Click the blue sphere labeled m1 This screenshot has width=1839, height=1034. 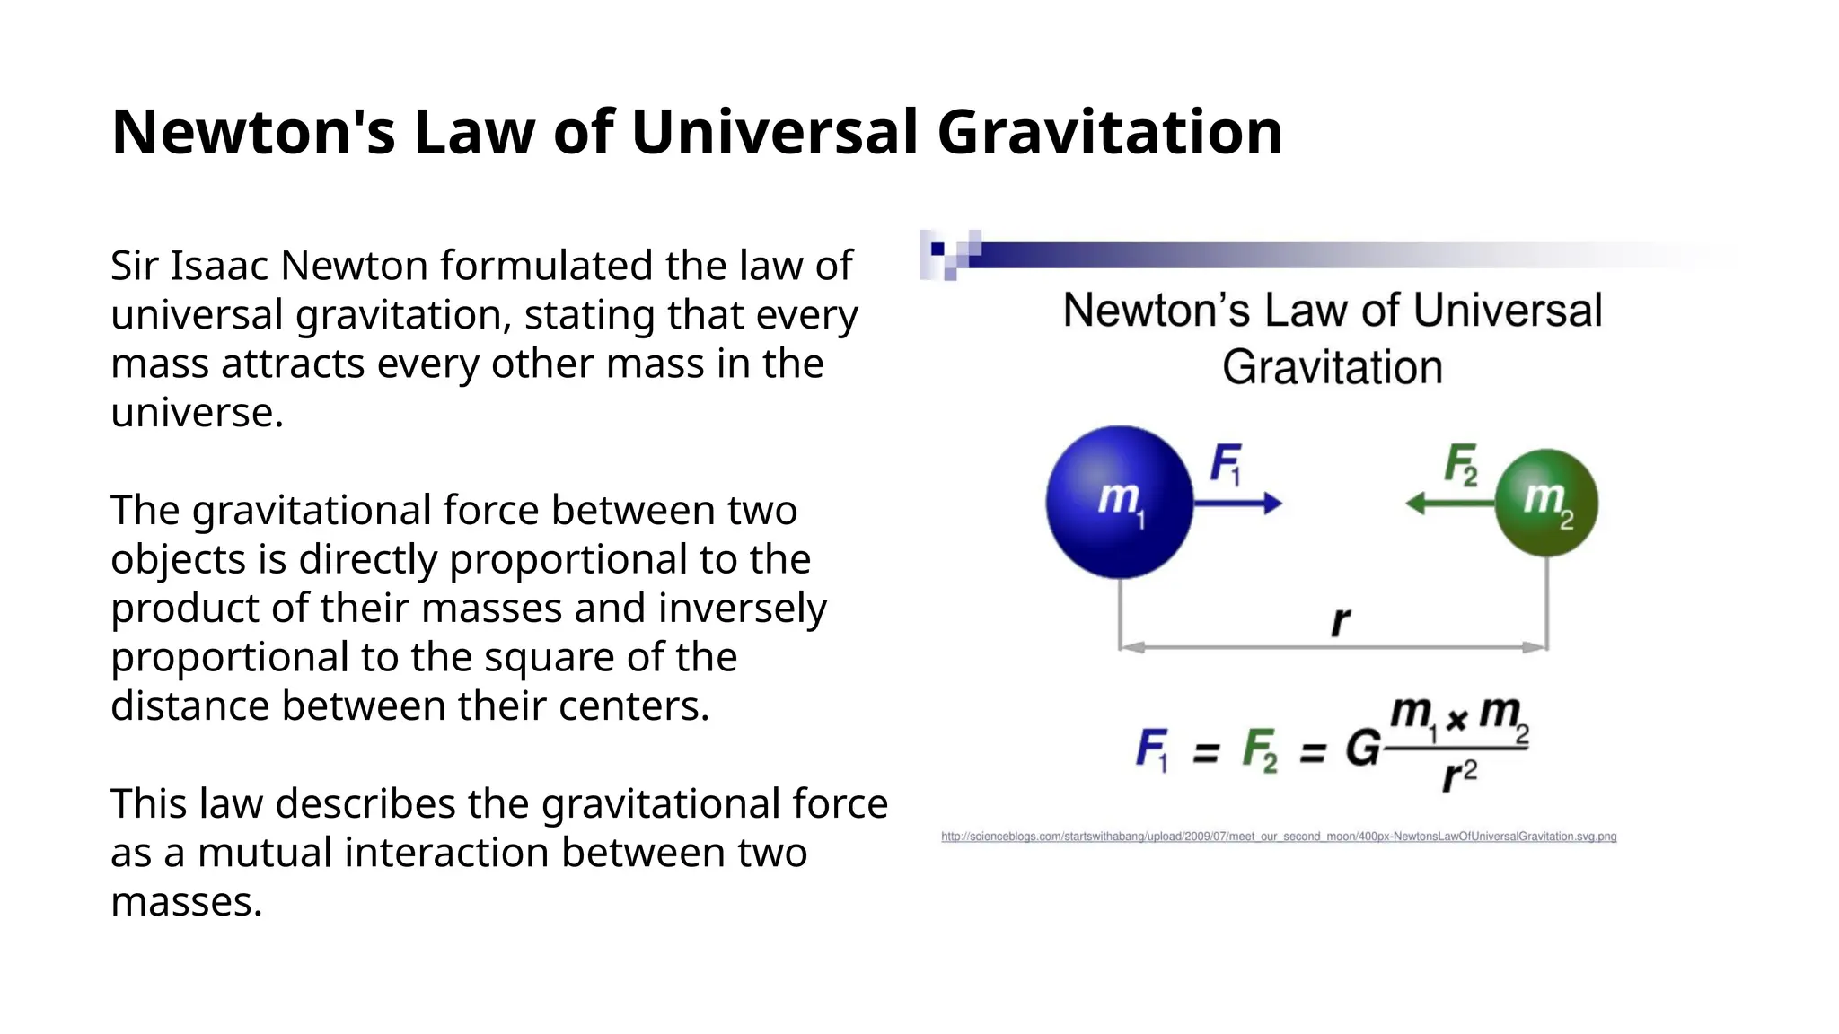(x=1119, y=502)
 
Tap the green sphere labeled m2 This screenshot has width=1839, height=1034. (x=1546, y=503)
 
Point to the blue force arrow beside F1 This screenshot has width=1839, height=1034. (x=1239, y=504)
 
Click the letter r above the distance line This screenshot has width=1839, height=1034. (x=1340, y=621)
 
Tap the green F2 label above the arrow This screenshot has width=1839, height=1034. (x=1461, y=464)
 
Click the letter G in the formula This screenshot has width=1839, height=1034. (x=1362, y=748)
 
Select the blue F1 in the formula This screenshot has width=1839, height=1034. (x=1152, y=749)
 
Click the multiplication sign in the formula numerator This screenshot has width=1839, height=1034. (x=1456, y=719)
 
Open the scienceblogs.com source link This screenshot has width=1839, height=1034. (x=1279, y=837)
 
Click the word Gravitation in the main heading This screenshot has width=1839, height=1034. (x=1110, y=132)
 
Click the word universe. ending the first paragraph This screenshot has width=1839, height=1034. (x=198, y=413)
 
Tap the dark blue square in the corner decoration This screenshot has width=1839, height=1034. (x=937, y=249)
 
